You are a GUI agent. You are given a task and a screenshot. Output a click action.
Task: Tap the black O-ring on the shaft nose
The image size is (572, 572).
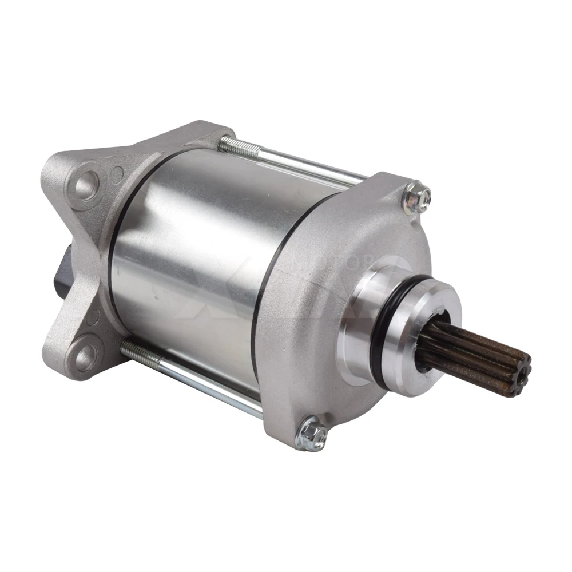pyautogui.click(x=384, y=320)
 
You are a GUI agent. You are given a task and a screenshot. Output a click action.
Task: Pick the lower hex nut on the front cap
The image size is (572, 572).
pyautogui.click(x=312, y=433)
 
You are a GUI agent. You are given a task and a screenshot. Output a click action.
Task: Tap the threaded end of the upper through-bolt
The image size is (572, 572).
pyautogui.click(x=235, y=146)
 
